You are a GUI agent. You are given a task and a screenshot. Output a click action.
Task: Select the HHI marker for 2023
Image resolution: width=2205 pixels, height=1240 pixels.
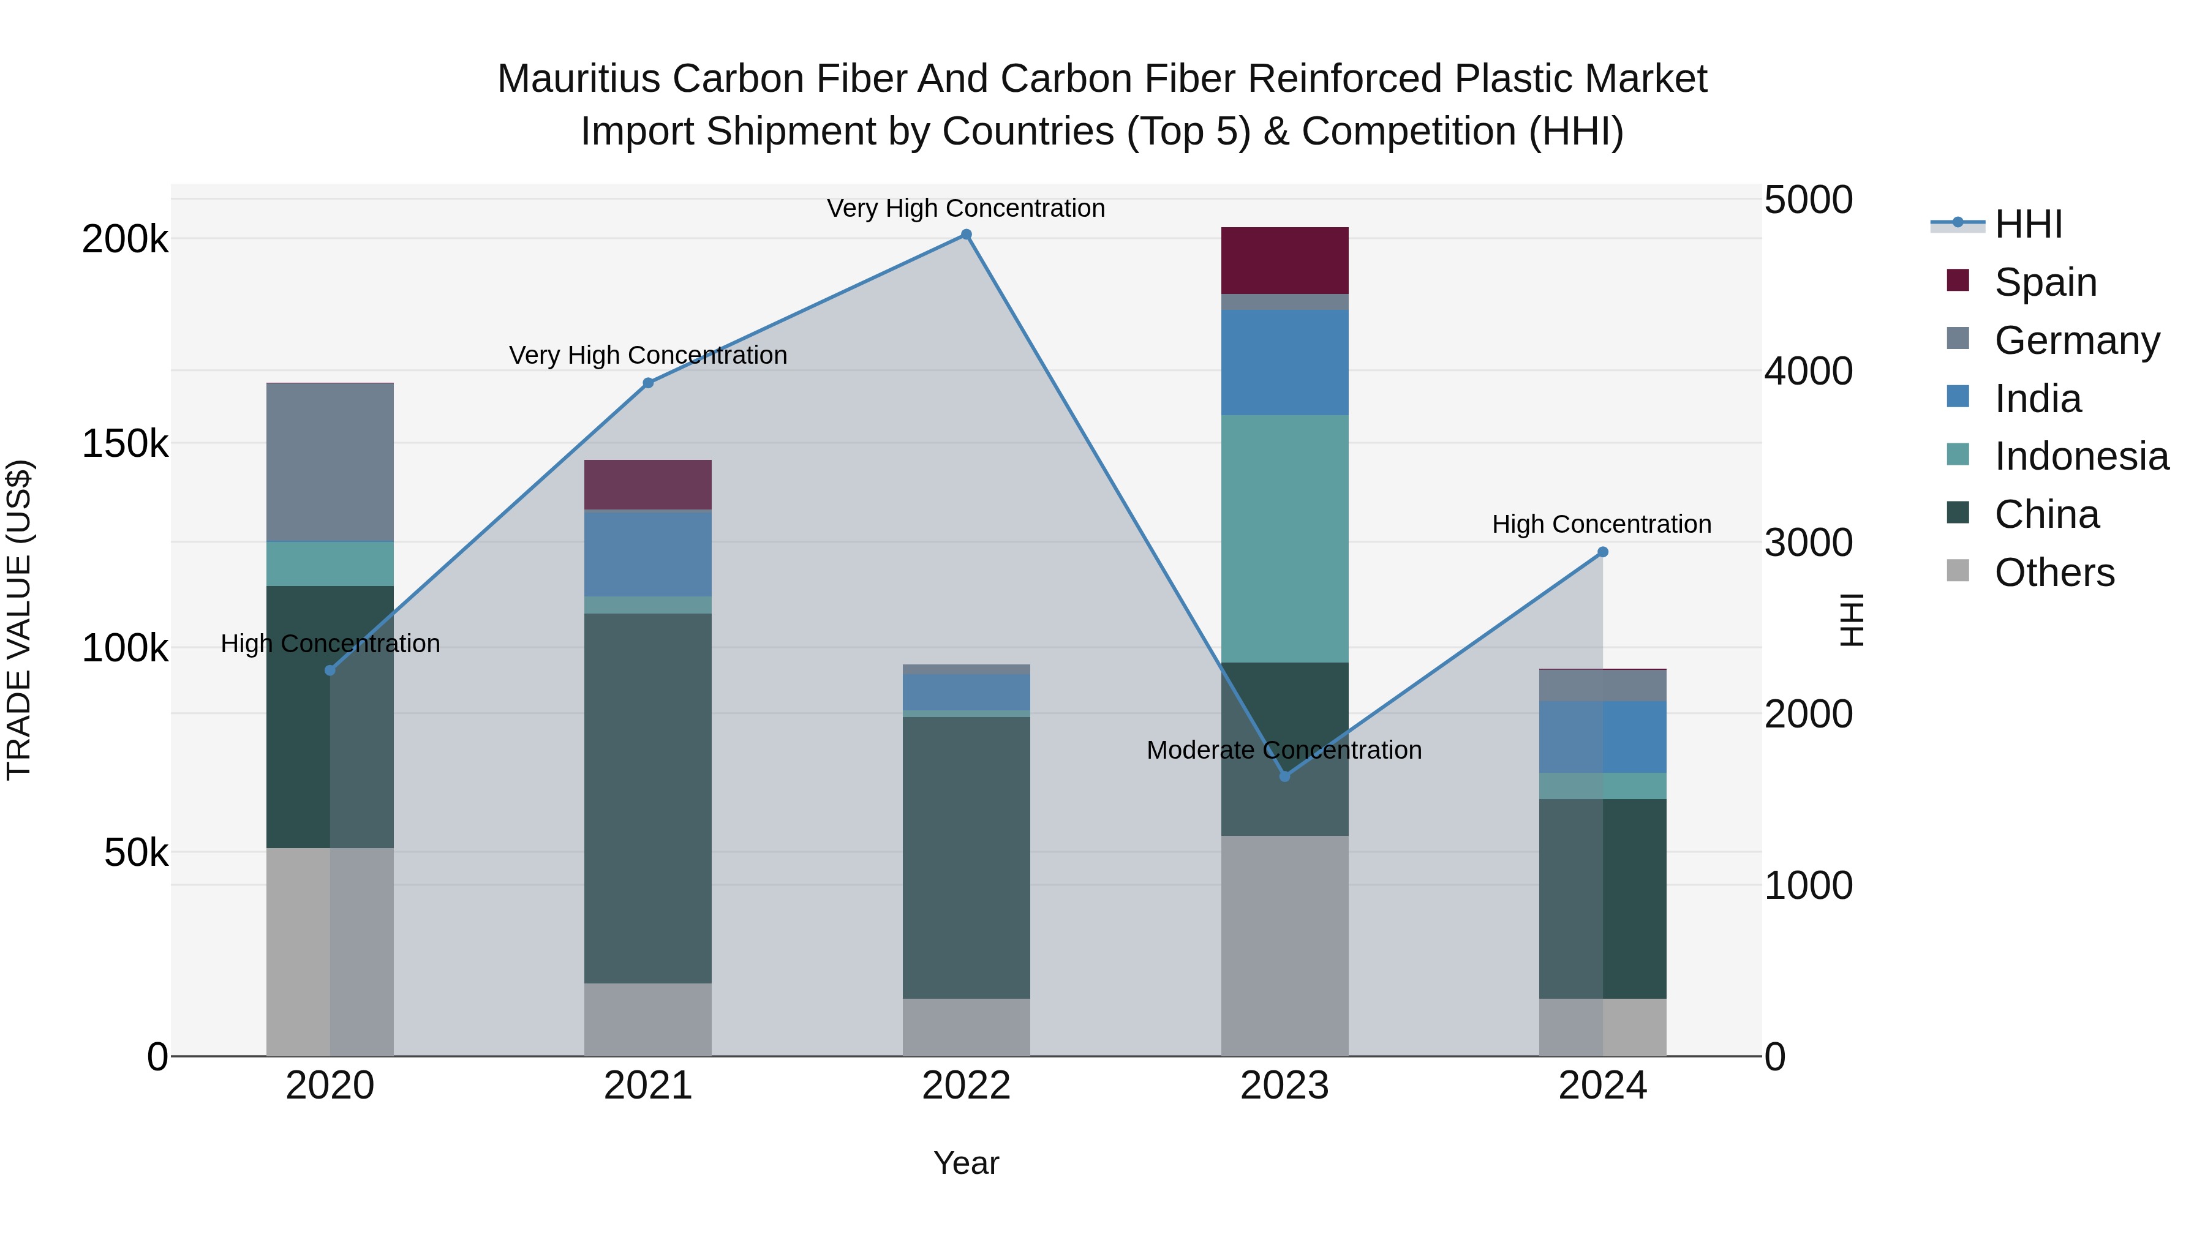1284,776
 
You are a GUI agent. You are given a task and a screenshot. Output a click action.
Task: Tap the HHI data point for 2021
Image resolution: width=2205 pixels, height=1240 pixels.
648,383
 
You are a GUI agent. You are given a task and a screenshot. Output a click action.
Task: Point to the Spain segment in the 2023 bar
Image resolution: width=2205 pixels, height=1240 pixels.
1284,260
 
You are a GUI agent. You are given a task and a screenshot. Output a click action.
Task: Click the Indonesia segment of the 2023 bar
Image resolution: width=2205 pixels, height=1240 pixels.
1284,538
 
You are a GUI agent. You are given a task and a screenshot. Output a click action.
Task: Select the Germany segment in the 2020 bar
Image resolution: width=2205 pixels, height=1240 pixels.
330,462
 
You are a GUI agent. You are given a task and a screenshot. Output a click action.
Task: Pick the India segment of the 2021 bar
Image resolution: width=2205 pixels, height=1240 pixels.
648,553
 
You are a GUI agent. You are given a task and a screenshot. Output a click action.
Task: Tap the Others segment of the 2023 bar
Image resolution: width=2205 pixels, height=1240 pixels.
1284,945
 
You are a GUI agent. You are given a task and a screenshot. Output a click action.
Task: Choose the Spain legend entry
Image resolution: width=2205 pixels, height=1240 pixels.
2045,282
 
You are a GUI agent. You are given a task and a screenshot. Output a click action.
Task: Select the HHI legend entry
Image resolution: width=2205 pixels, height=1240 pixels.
2028,224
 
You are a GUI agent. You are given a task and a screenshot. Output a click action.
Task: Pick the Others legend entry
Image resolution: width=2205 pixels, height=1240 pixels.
2054,573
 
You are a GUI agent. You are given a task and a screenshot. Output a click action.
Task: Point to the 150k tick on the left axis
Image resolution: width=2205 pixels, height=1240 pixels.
125,443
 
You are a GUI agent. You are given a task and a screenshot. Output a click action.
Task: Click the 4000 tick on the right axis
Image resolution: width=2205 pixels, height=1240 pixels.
1808,372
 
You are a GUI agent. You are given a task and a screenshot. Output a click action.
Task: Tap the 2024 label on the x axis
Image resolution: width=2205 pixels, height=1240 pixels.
1602,1086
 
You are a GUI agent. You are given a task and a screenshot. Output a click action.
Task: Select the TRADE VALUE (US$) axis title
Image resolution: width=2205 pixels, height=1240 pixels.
19,620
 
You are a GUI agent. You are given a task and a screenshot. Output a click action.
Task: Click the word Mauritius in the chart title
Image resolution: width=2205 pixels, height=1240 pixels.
579,79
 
